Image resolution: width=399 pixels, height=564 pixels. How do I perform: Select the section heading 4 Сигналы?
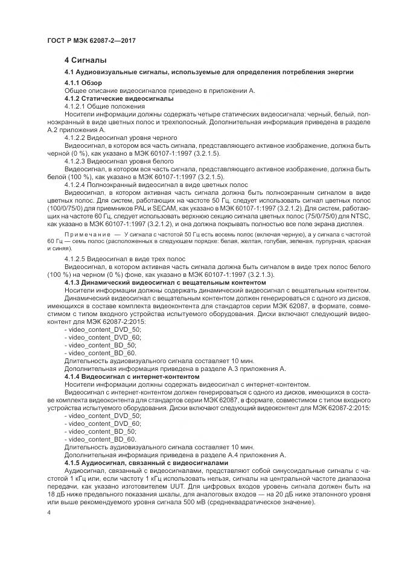coord(85,60)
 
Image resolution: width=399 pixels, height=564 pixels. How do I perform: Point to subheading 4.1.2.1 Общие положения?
coord(104,106)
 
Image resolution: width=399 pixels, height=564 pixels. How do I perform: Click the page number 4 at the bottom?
coord(49,513)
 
